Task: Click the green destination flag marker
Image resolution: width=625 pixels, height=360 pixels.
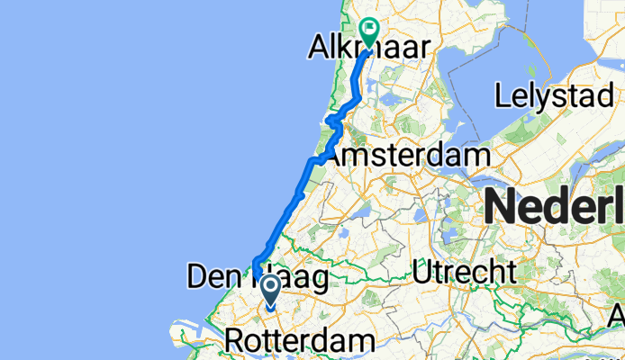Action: click(x=369, y=32)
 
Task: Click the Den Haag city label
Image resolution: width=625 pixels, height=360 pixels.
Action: click(x=257, y=276)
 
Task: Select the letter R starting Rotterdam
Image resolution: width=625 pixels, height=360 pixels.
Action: click(x=234, y=341)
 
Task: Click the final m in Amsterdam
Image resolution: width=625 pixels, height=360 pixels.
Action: click(x=477, y=155)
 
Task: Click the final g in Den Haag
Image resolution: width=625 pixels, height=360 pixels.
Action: click(x=317, y=278)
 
